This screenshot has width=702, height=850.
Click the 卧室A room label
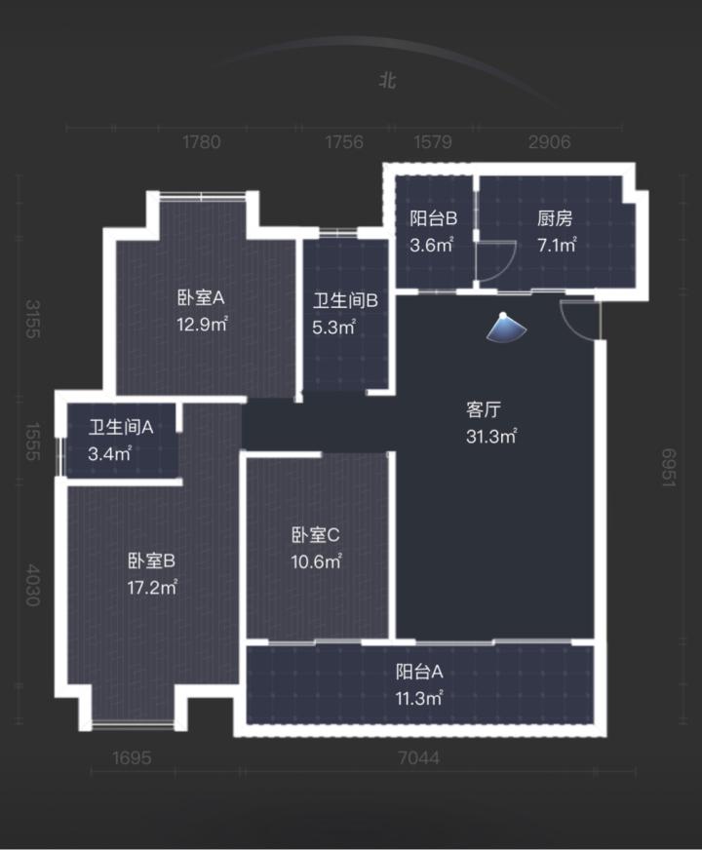point(201,298)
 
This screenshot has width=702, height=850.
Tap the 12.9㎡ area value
point(201,324)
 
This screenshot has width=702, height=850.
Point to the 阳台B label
point(434,219)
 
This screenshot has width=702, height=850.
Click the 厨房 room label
point(554,219)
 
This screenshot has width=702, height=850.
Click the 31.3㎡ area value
point(490,437)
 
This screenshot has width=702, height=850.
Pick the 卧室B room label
point(151,560)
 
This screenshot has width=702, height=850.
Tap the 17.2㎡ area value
point(151,587)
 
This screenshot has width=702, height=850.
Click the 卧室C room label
point(315,535)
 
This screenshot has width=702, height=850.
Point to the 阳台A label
point(420,672)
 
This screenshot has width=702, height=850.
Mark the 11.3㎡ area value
point(420,698)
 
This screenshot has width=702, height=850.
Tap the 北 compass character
point(388,82)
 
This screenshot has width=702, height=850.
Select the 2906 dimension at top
point(549,142)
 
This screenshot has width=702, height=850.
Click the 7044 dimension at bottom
point(419,758)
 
